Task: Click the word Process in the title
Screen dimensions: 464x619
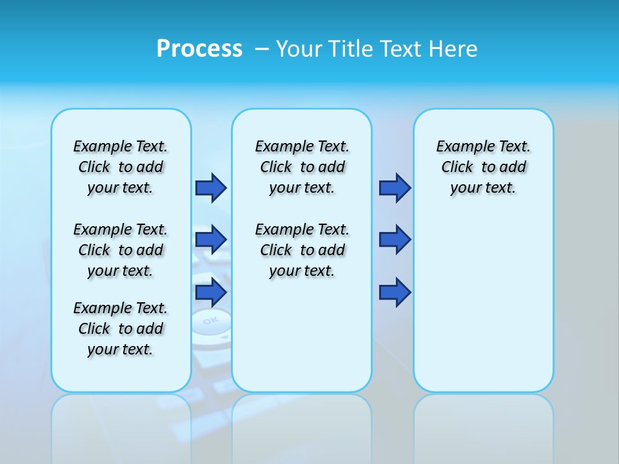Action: tap(199, 49)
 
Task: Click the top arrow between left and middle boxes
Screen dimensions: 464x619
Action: tap(211, 188)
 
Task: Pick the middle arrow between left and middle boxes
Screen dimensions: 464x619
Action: tap(211, 240)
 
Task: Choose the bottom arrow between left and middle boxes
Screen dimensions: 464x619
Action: tap(211, 293)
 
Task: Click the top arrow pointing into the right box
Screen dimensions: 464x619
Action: tap(395, 188)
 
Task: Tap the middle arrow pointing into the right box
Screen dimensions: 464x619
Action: tap(395, 240)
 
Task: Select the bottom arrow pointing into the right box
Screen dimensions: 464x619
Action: tap(395, 293)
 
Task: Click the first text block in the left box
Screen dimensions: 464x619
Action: tap(121, 167)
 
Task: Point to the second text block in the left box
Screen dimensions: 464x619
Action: tap(121, 250)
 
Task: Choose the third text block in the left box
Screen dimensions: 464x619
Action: tap(121, 329)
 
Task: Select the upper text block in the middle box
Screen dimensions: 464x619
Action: tap(302, 167)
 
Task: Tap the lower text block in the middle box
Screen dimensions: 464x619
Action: tap(302, 250)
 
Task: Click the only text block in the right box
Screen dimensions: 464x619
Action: tap(484, 167)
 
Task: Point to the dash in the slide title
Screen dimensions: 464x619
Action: tap(262, 49)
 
